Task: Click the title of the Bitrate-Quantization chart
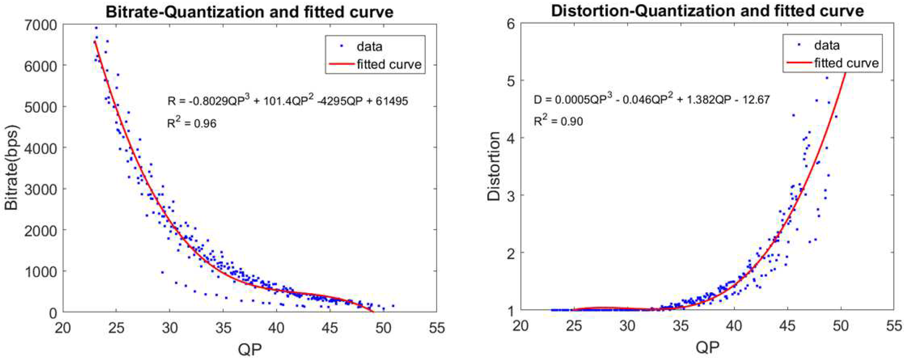(x=250, y=12)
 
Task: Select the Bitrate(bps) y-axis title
(x=12, y=168)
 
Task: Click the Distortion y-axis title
(x=494, y=167)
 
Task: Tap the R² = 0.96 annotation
(x=192, y=123)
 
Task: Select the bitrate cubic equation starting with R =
(x=287, y=101)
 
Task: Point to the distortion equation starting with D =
(x=652, y=100)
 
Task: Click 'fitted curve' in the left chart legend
(x=389, y=64)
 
